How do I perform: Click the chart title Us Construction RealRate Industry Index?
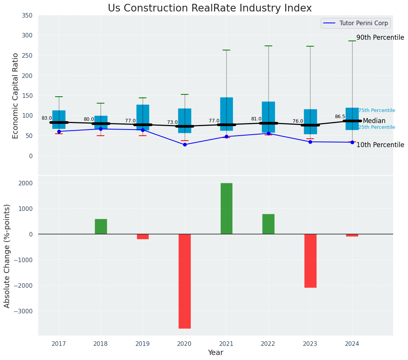point(210,8)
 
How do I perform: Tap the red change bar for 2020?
point(185,281)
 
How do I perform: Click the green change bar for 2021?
point(226,209)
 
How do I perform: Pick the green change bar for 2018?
point(101,227)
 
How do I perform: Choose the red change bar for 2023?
point(310,261)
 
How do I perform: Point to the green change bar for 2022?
point(268,224)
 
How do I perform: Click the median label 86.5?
point(340,117)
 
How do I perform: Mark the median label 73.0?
point(172,122)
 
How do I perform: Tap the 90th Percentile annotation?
point(380,37)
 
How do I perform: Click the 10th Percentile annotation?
point(380,145)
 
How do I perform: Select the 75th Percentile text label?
point(377,110)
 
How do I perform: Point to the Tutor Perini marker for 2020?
point(185,144)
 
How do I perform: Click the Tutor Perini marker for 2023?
point(310,142)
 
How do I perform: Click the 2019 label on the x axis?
point(143,344)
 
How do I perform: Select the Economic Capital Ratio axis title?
point(16,96)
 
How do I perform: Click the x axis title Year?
point(215,353)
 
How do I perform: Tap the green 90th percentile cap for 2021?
point(226,50)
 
